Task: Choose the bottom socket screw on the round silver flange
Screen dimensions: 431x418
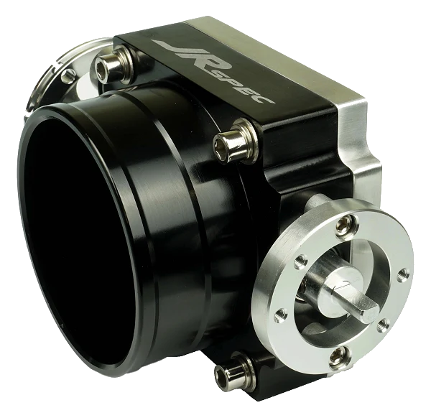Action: click(x=338, y=356)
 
